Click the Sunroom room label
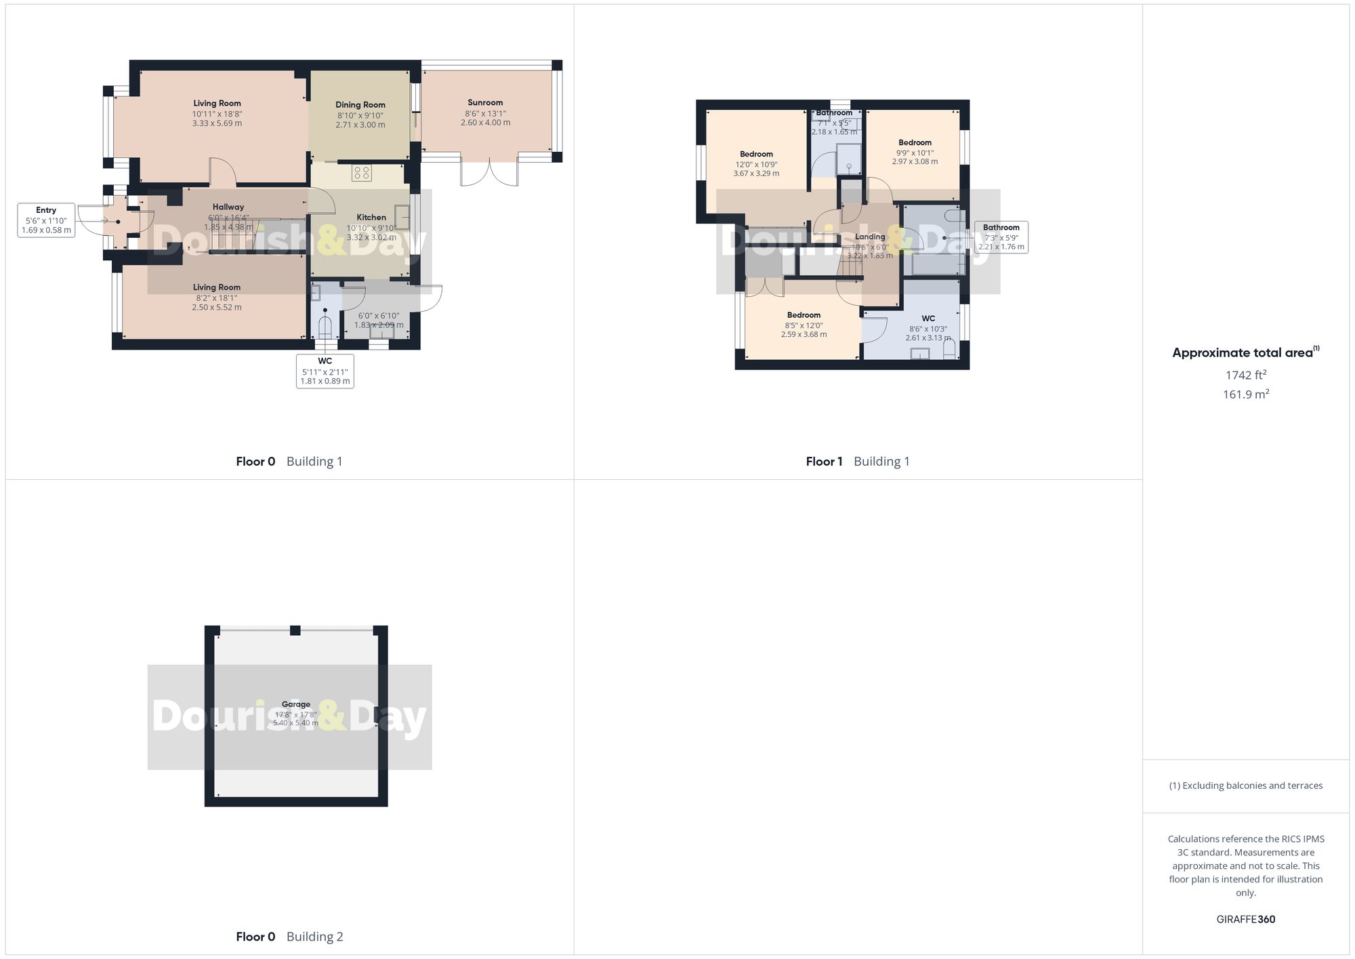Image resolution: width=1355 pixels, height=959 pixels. pos(485,103)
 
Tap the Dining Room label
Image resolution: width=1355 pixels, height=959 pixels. pos(360,105)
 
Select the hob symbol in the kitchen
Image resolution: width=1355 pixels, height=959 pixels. pos(361,173)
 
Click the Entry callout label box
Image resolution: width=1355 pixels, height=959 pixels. pos(46,220)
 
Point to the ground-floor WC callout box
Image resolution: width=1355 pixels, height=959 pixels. pos(325,371)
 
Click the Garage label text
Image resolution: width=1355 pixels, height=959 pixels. pos(296,705)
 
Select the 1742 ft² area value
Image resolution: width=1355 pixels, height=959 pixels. pos(1246,375)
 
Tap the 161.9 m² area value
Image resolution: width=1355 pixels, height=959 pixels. pos(1246,394)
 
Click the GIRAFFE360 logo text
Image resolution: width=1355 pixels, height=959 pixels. pos(1246,920)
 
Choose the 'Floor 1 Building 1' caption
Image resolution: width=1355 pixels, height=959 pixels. pos(858,462)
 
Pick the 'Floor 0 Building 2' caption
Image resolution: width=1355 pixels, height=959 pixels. pos(289,937)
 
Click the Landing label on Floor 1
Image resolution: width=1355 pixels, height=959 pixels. pos(870,237)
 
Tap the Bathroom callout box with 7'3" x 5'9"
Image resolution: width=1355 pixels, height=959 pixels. pos(1001,237)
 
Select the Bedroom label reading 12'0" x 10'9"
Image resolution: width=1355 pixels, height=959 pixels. pos(756,155)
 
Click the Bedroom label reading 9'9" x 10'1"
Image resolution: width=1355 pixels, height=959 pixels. pos(915,143)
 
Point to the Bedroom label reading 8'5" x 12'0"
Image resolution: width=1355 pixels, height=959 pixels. pos(804,315)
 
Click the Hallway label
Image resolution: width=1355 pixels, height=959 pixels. pos(228,207)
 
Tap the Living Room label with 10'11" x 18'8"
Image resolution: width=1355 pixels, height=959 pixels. pos(217,104)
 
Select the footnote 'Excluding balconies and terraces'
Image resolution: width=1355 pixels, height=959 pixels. pos(1246,786)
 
